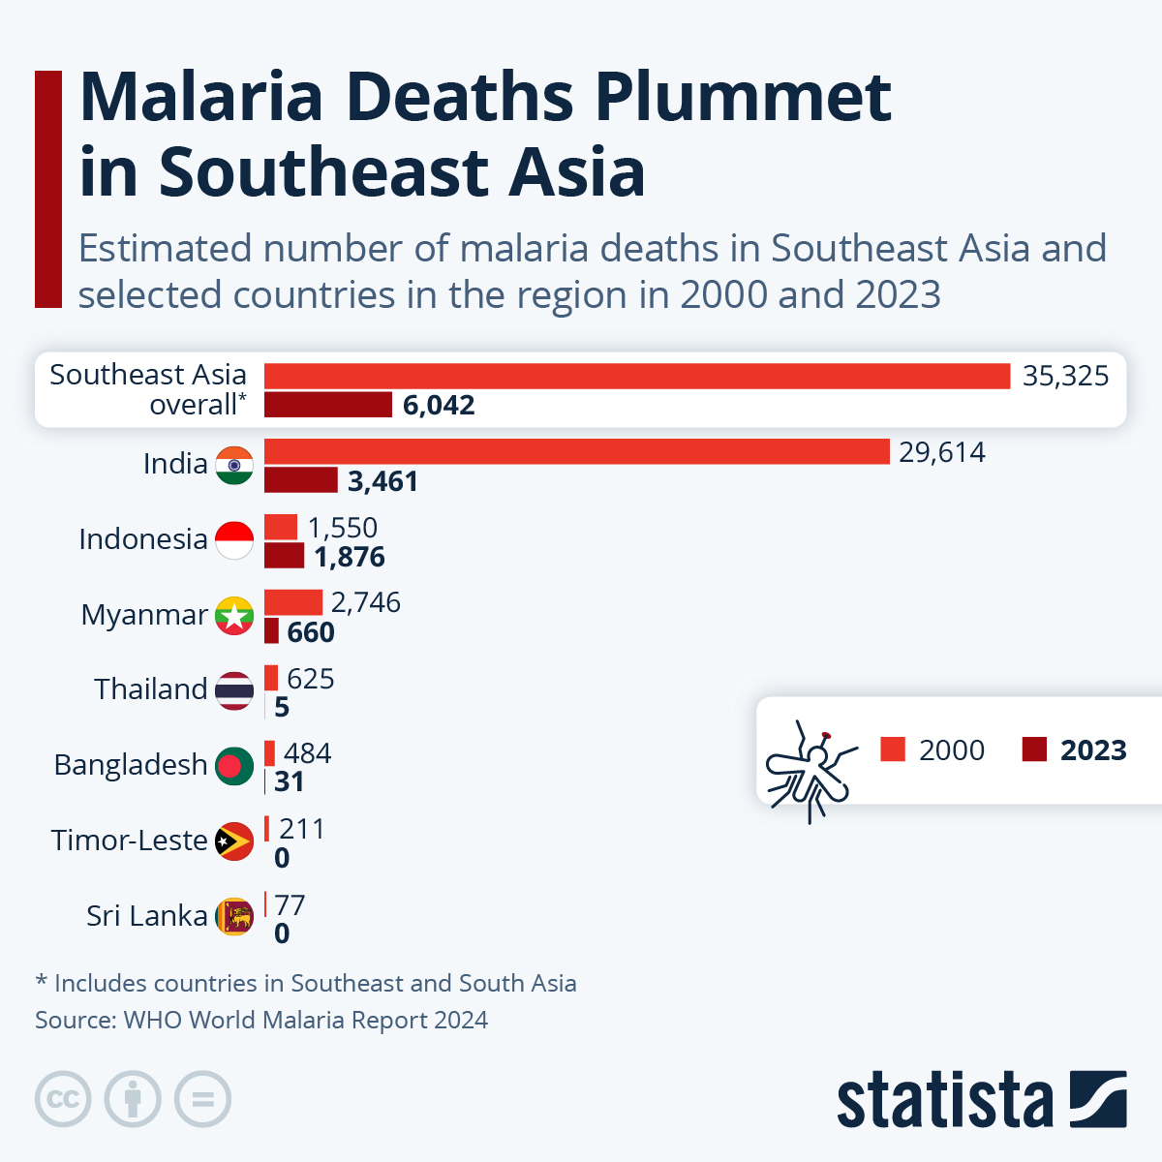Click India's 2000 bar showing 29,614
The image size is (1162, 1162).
(x=576, y=451)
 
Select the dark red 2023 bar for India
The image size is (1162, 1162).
(x=300, y=480)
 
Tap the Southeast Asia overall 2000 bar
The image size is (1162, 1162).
(x=636, y=376)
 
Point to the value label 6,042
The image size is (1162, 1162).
(x=439, y=405)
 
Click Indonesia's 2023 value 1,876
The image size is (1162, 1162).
(x=350, y=557)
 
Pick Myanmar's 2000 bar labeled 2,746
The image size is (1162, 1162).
(x=292, y=602)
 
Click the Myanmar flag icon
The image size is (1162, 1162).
(x=234, y=615)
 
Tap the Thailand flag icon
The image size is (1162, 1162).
(x=234, y=690)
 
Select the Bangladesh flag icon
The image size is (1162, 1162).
(x=234, y=765)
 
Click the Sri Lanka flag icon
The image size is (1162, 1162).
(x=234, y=915)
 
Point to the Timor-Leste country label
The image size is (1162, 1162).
(x=129, y=841)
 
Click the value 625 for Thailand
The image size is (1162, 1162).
(x=310, y=679)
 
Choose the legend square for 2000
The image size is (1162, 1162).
(x=893, y=749)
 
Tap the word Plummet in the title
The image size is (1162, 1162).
(x=742, y=98)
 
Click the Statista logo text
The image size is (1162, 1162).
(x=944, y=1100)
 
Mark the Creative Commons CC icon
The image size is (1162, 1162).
(x=63, y=1100)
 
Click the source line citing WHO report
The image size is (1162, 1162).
(x=261, y=1020)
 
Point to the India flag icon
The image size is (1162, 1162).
(x=234, y=465)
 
